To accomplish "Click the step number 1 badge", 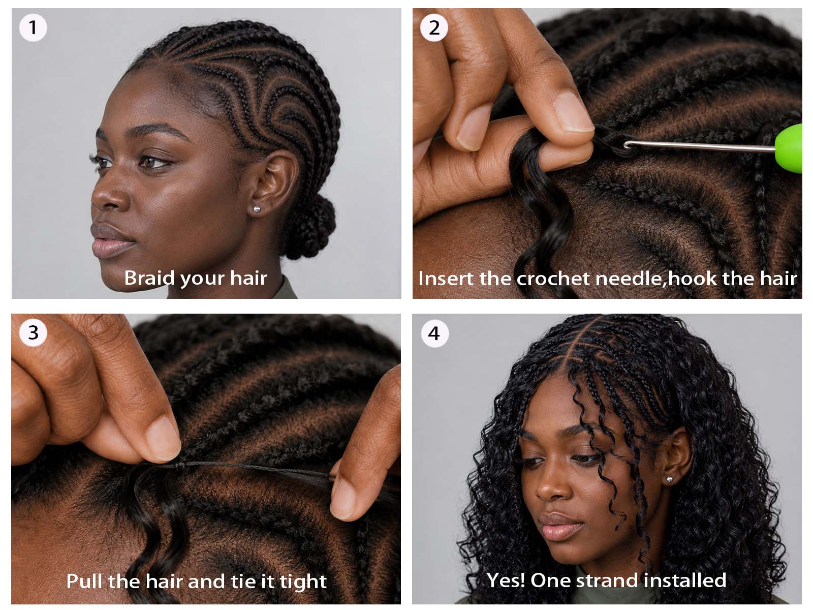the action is pos(33,27).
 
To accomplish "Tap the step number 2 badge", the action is pos(434,27).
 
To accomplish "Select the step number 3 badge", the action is pos(33,332).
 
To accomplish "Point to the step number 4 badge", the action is pos(435,333).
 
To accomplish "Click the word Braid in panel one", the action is pos(149,278).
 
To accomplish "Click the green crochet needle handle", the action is pos(789,148).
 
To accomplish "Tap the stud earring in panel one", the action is pos(256,209).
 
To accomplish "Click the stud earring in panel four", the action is pos(670,480).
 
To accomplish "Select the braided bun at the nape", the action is pos(310,226).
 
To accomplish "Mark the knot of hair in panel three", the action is pos(179,466).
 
